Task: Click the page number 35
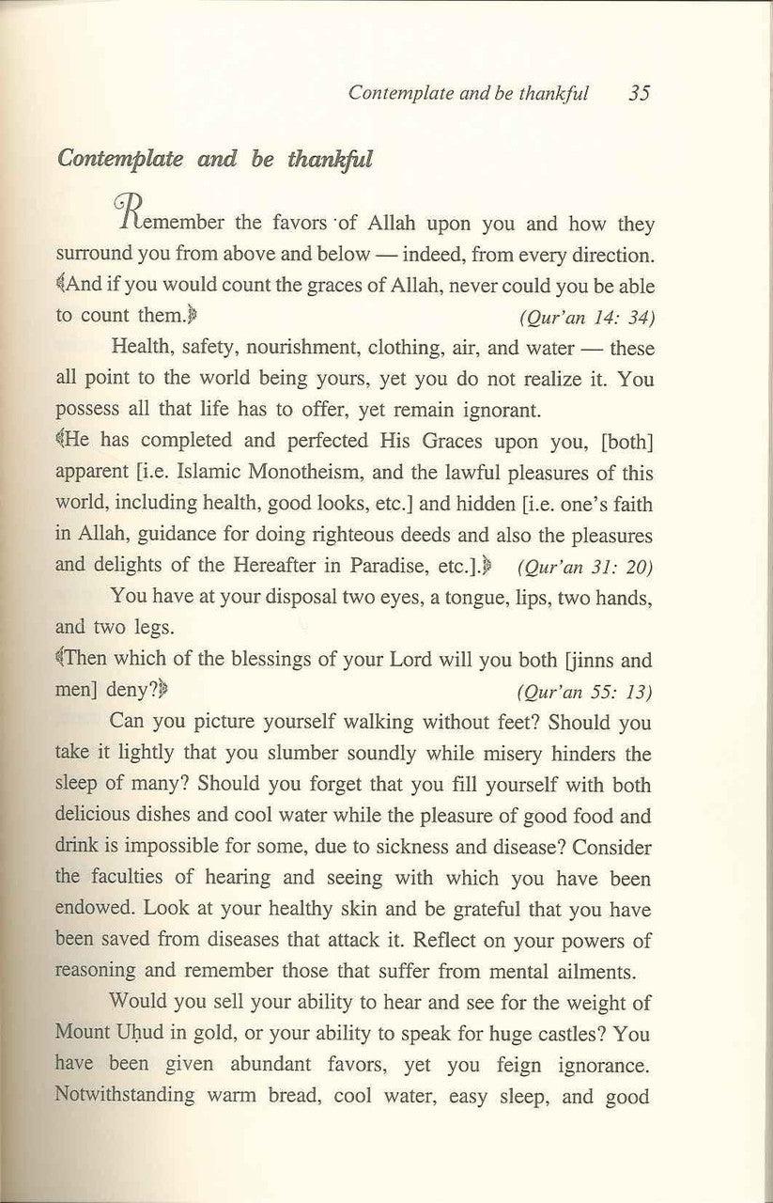coord(641,94)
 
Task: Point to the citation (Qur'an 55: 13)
coord(585,694)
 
